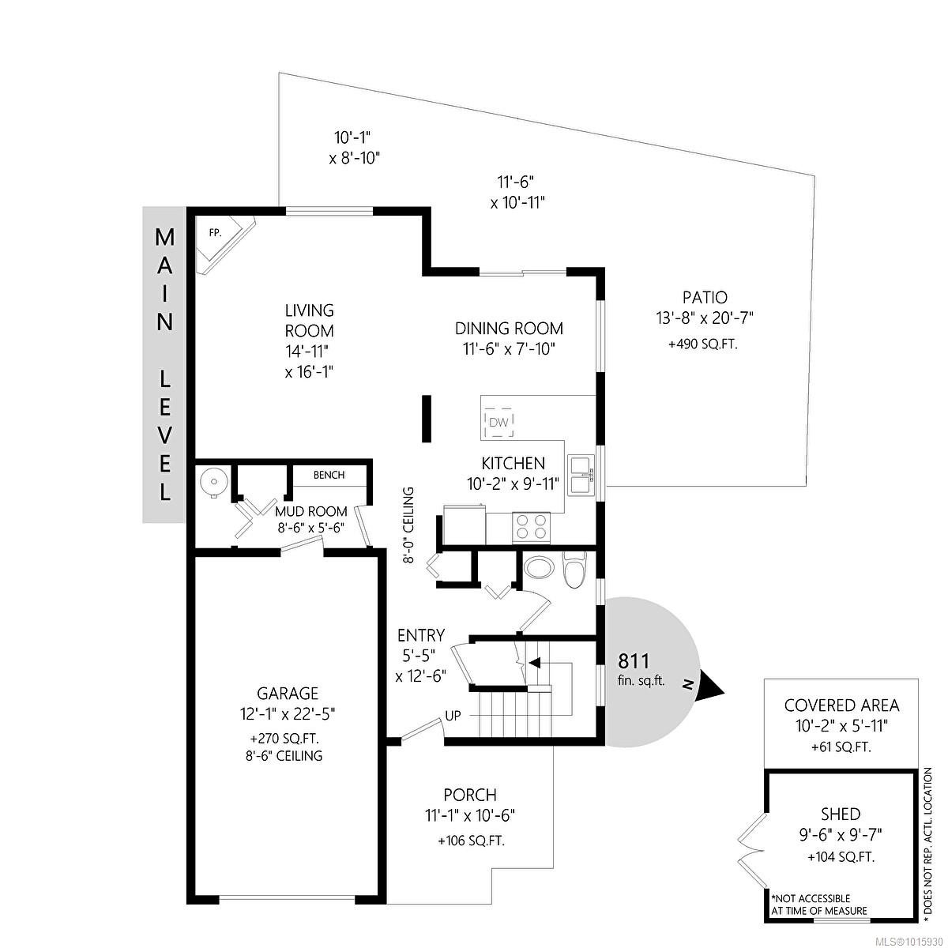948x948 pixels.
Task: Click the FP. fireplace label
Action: pyautogui.click(x=214, y=233)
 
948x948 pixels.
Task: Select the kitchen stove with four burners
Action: pyautogui.click(x=531, y=527)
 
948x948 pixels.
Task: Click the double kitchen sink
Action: pyautogui.click(x=581, y=475)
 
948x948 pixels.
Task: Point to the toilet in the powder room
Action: pyautogui.click(x=574, y=568)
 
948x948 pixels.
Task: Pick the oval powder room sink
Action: pyautogui.click(x=540, y=567)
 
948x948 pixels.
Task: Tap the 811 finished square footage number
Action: pyautogui.click(x=634, y=661)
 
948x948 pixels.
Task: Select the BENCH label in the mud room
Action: pyautogui.click(x=329, y=475)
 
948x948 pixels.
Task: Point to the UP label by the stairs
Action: pyautogui.click(x=453, y=716)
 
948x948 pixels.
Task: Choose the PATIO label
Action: pyautogui.click(x=705, y=298)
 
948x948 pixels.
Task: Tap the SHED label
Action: pyautogui.click(x=841, y=814)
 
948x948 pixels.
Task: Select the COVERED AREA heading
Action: pyautogui.click(x=841, y=705)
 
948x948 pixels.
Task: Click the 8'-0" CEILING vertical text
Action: pyautogui.click(x=408, y=525)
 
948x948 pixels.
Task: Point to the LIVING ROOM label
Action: pyautogui.click(x=310, y=321)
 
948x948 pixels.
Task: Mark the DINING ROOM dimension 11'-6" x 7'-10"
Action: pyautogui.click(x=509, y=348)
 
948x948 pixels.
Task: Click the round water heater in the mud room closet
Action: pyautogui.click(x=213, y=481)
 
